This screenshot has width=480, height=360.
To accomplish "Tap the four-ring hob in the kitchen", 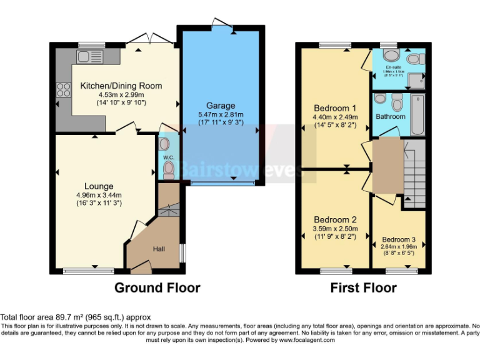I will [64, 89].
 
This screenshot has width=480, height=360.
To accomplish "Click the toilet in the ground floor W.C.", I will [166, 144].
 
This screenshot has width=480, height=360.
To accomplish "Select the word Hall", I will [159, 250].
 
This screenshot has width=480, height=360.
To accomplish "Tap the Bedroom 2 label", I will [335, 220].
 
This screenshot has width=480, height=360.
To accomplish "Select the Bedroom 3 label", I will [399, 239].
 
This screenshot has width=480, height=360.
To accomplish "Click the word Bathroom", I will [391, 116].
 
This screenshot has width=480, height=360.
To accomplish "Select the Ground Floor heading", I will [157, 288].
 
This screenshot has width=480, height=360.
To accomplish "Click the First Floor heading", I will [363, 288].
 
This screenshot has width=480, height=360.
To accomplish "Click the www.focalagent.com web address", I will [307, 341].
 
